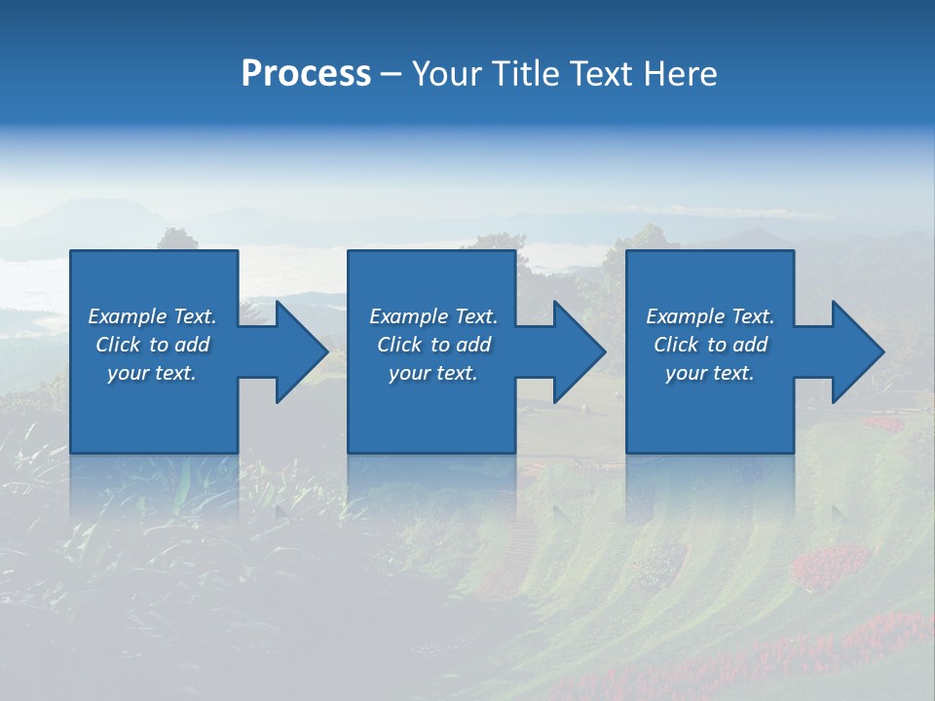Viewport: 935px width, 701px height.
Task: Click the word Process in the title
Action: point(306,74)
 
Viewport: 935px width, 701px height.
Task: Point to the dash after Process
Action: point(392,75)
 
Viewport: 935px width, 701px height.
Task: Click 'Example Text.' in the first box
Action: point(153,316)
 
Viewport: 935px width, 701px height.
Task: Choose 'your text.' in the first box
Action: point(153,373)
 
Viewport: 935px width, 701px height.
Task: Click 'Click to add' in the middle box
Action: point(433,345)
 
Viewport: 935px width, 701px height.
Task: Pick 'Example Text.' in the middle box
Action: point(433,316)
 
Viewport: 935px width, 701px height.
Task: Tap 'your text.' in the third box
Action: point(710,373)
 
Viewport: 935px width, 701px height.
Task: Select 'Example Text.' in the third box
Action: point(710,316)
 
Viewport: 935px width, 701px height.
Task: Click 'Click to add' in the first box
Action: point(153,345)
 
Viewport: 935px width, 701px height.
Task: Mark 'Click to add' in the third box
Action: point(710,345)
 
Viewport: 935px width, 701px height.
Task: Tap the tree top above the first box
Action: point(177,239)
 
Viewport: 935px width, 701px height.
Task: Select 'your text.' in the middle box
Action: point(433,373)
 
